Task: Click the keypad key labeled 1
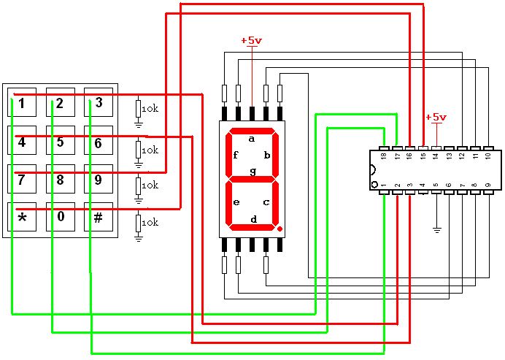pyautogui.click(x=22, y=103)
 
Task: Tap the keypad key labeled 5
pyautogui.click(x=60, y=142)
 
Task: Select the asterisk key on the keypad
pyautogui.click(x=22, y=218)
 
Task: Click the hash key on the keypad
pyautogui.click(x=98, y=218)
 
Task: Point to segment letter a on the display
pyautogui.click(x=252, y=138)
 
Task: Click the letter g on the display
pyautogui.click(x=252, y=172)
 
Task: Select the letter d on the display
pyautogui.click(x=253, y=218)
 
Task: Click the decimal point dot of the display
pyautogui.click(x=279, y=229)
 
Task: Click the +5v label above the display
pyautogui.click(x=251, y=41)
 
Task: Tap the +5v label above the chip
pyautogui.click(x=436, y=117)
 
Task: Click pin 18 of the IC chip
pyautogui.click(x=383, y=155)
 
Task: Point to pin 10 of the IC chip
pyautogui.click(x=488, y=155)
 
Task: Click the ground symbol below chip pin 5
pyautogui.click(x=436, y=230)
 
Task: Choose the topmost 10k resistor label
pyautogui.click(x=150, y=109)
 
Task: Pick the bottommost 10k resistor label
pyautogui.click(x=150, y=222)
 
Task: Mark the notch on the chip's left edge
pyautogui.click(x=372, y=171)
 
